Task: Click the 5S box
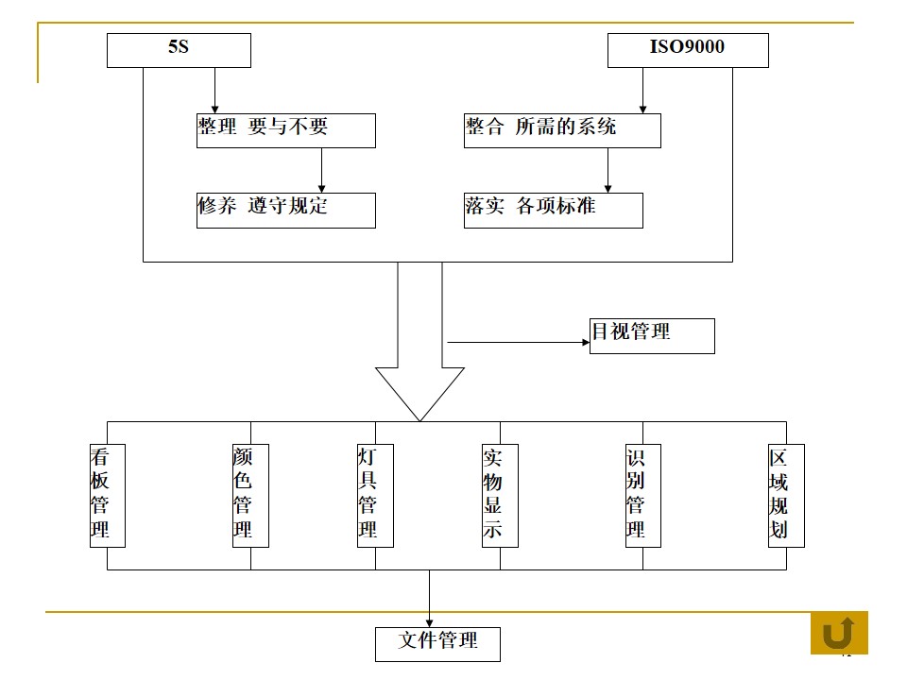coord(179,50)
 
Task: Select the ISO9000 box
coord(687,50)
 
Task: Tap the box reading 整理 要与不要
coord(285,130)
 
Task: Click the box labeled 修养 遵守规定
coord(285,210)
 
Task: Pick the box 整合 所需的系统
coord(562,130)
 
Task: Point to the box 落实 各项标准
coord(554,210)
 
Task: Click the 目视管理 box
coord(652,336)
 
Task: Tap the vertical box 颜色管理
coord(250,495)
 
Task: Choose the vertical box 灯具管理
coord(375,495)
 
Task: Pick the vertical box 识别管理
coord(642,495)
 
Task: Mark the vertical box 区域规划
coord(786,495)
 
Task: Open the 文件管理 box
coord(437,644)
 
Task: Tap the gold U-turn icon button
coord(839,633)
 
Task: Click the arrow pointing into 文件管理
coord(429,600)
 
